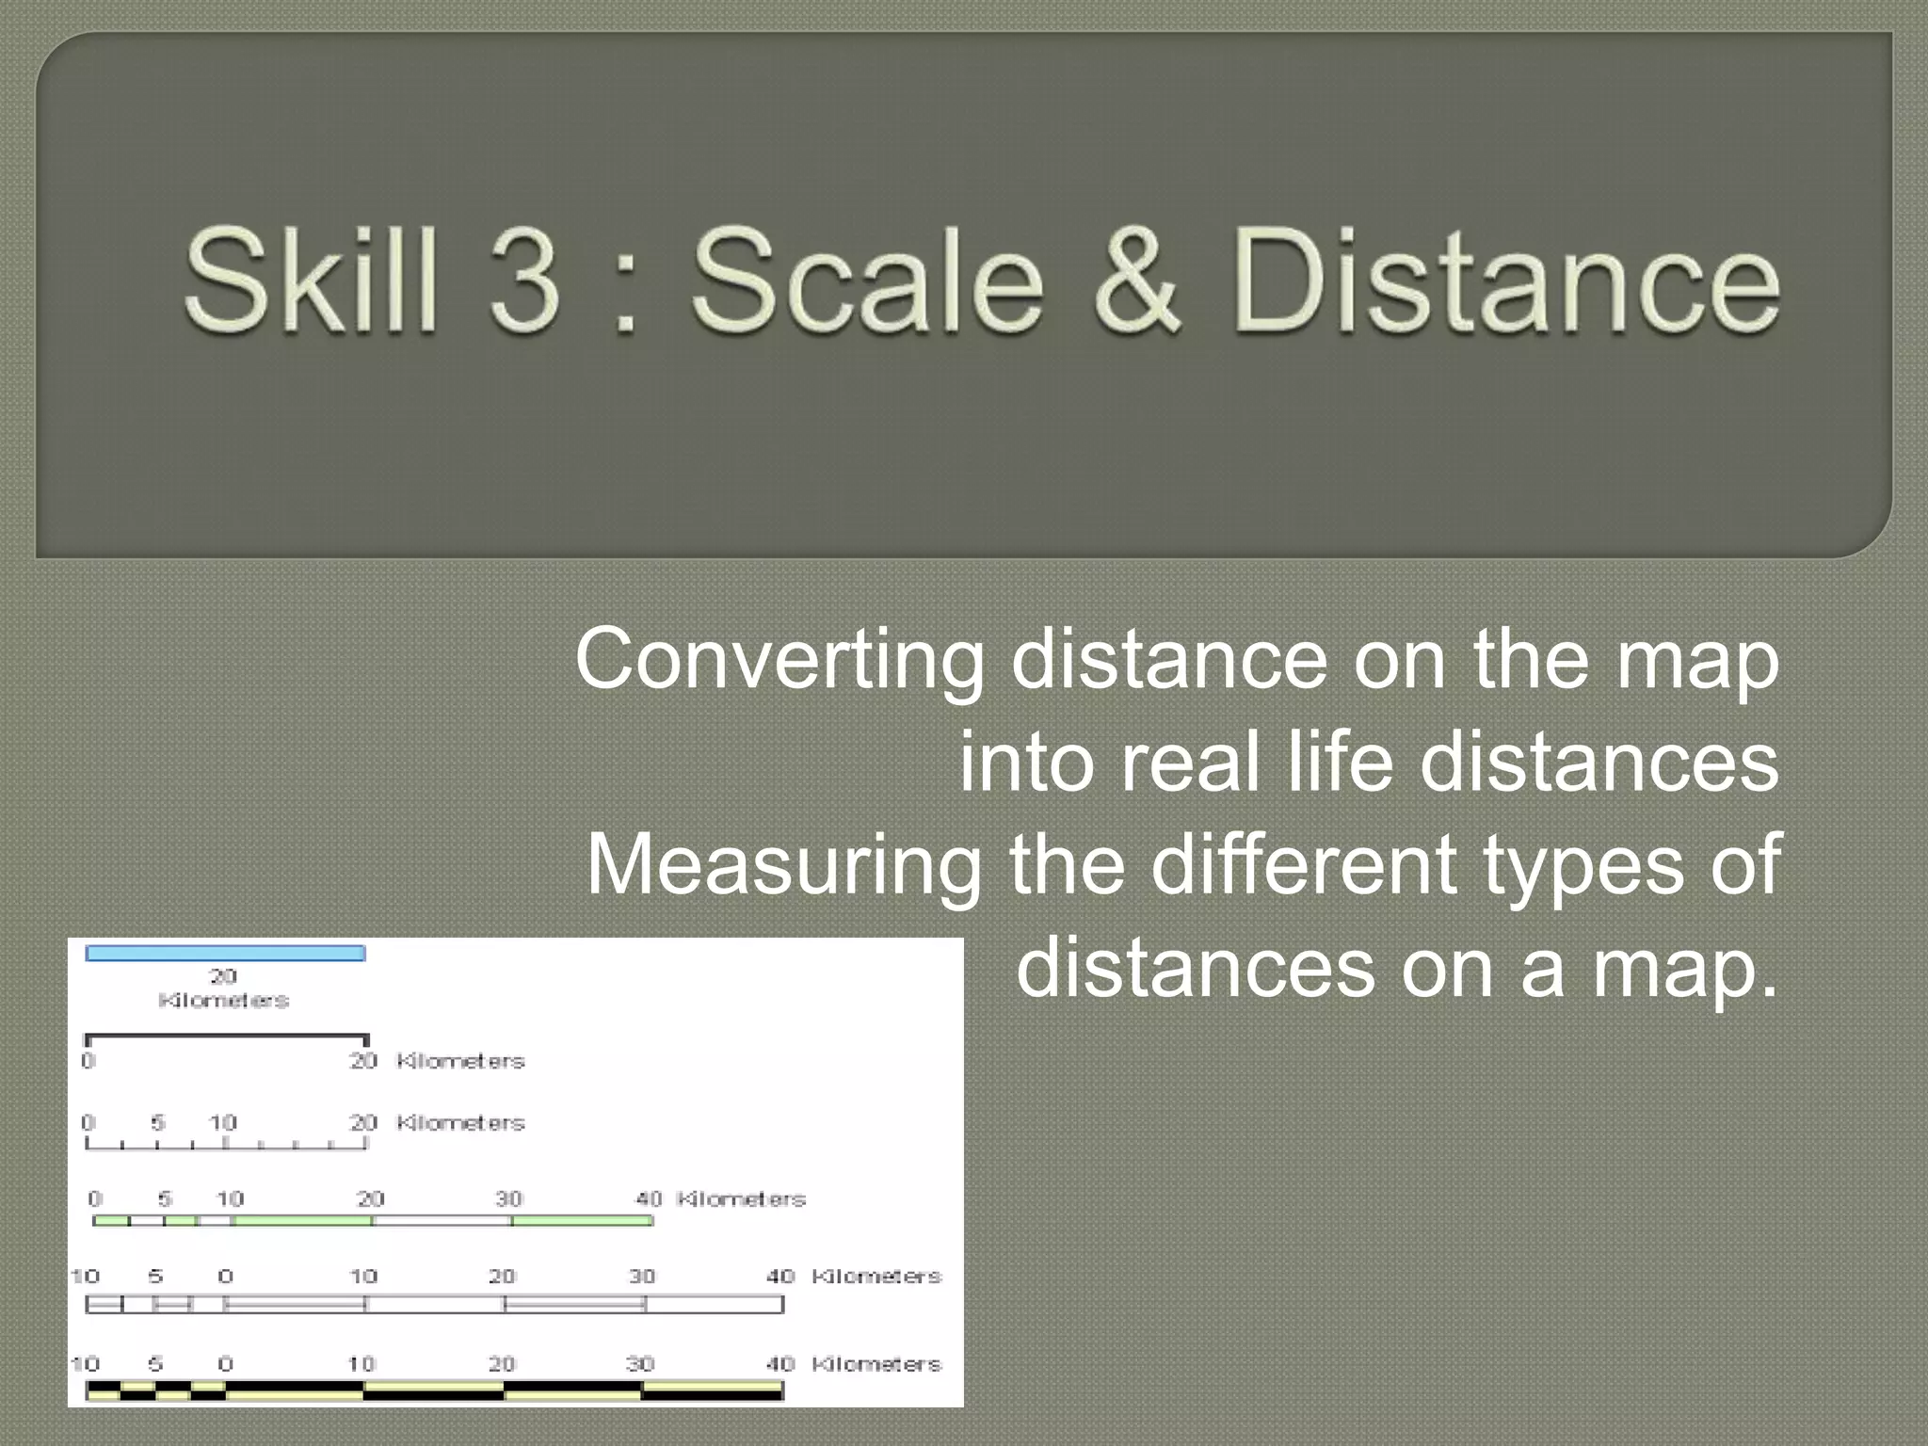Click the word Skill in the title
coord(311,280)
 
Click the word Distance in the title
coord(1505,280)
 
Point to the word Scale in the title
coord(867,280)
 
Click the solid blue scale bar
coord(225,953)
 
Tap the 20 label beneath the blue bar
coord(223,976)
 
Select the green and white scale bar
coord(373,1221)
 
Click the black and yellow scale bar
coord(434,1391)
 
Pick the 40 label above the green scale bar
coord(649,1198)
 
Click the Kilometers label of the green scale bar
coord(741,1198)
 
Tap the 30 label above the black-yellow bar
coord(640,1363)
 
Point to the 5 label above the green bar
coord(165,1198)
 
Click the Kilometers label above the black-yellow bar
coord(876,1363)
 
